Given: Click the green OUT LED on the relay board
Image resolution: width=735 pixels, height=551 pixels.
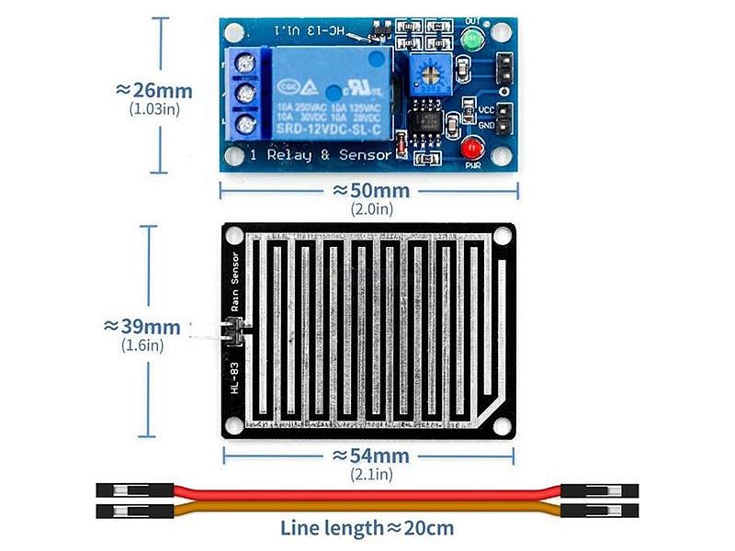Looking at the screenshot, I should click(x=473, y=39).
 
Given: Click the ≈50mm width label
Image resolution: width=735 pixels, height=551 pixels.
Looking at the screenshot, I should click(x=370, y=190).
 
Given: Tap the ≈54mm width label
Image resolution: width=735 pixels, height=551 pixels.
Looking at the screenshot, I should click(x=370, y=455).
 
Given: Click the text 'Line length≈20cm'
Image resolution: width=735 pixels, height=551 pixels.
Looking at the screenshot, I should click(x=367, y=527).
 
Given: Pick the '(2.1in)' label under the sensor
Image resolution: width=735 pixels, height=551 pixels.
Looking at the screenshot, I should click(x=371, y=474).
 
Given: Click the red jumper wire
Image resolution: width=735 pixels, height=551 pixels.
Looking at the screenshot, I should click(x=367, y=494).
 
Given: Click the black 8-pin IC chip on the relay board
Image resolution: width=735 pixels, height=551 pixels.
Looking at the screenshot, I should click(x=425, y=122).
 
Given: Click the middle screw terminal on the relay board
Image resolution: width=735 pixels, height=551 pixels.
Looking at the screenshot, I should click(x=244, y=93).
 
